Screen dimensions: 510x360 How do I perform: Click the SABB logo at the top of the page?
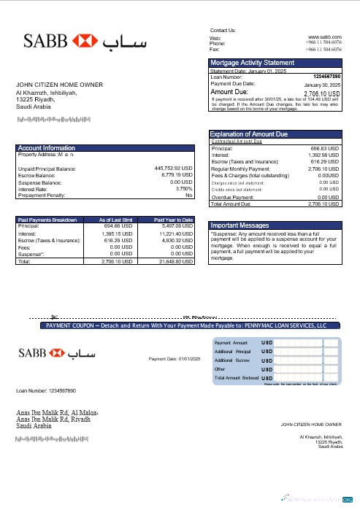coord(69,41)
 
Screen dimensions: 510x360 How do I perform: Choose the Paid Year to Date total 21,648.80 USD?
coord(175,260)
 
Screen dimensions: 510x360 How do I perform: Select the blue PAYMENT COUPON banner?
coord(185,325)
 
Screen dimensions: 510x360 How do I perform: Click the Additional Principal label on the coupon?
coord(233,352)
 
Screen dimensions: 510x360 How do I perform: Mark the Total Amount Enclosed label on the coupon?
coord(236,379)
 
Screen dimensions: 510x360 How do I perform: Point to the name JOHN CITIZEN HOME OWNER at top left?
coord(60,85)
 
